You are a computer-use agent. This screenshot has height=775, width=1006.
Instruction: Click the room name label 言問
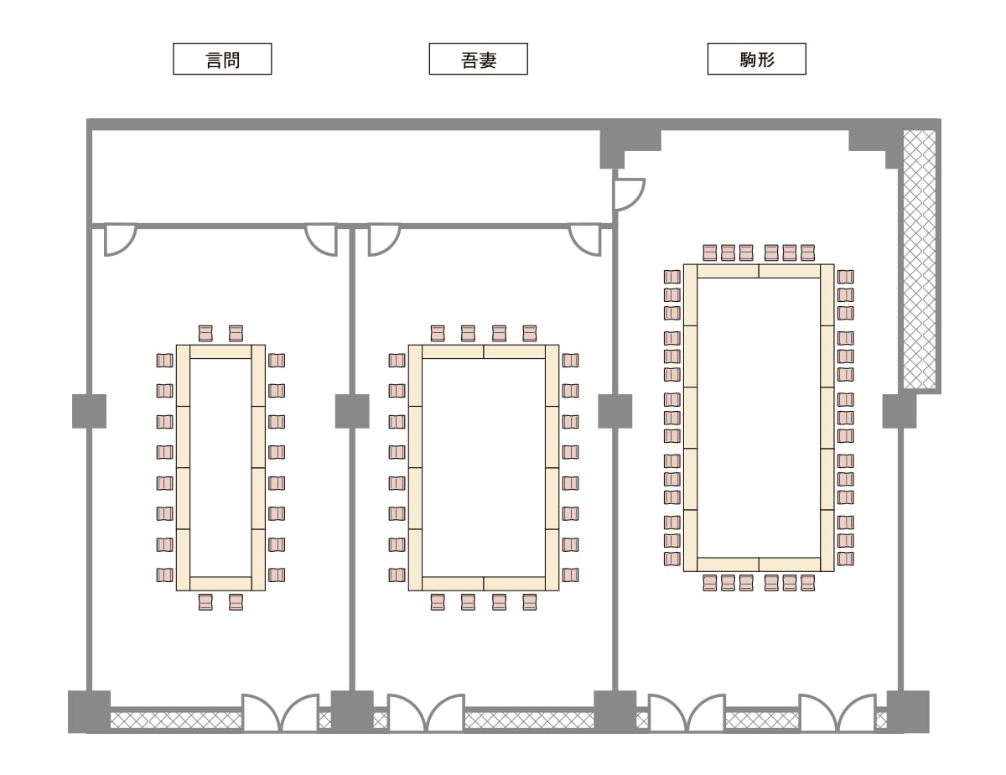222,60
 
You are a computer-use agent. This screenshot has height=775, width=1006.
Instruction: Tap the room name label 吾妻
478,60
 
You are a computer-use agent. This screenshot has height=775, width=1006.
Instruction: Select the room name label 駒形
756,60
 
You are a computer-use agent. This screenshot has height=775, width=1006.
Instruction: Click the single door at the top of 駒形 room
628,194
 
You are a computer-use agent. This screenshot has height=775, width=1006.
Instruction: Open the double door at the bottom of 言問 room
280,713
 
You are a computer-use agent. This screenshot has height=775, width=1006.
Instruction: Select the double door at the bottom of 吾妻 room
426,713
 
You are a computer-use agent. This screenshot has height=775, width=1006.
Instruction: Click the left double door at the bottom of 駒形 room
687,713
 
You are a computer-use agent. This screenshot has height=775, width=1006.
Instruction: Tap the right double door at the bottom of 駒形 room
837,713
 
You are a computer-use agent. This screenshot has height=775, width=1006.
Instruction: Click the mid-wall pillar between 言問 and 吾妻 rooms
352,411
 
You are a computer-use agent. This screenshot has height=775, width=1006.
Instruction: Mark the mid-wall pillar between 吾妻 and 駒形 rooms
614,411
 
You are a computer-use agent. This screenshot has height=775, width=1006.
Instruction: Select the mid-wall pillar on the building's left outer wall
89,411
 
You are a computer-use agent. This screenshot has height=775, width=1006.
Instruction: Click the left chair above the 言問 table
205,333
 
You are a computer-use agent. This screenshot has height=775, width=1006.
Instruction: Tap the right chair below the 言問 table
236,601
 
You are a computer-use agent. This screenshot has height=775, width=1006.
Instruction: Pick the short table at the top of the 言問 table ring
220,351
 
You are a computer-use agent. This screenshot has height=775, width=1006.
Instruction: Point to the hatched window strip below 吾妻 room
528,720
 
